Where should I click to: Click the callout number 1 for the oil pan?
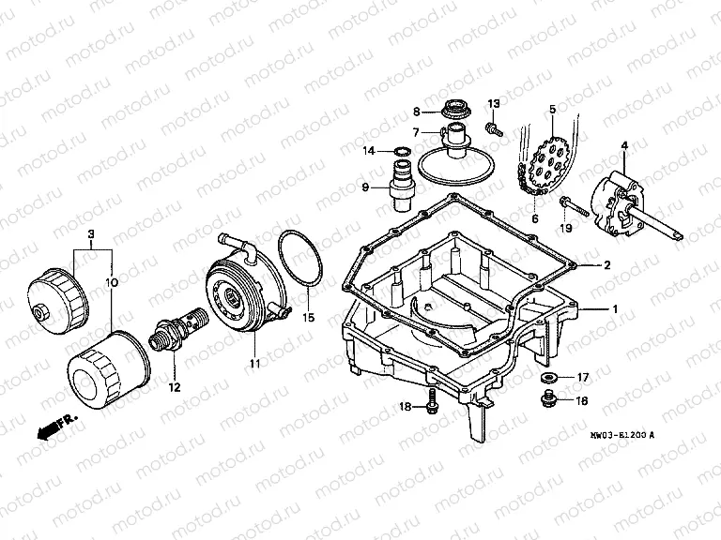point(616,308)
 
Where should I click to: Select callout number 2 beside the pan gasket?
point(607,266)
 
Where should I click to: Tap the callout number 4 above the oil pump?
point(623,144)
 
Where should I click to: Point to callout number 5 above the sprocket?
point(552,110)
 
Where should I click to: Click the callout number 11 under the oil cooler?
point(253,362)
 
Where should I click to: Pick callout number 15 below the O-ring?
point(307,318)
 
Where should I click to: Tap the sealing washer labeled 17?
point(551,378)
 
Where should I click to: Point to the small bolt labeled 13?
point(490,124)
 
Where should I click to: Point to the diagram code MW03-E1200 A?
point(623,434)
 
